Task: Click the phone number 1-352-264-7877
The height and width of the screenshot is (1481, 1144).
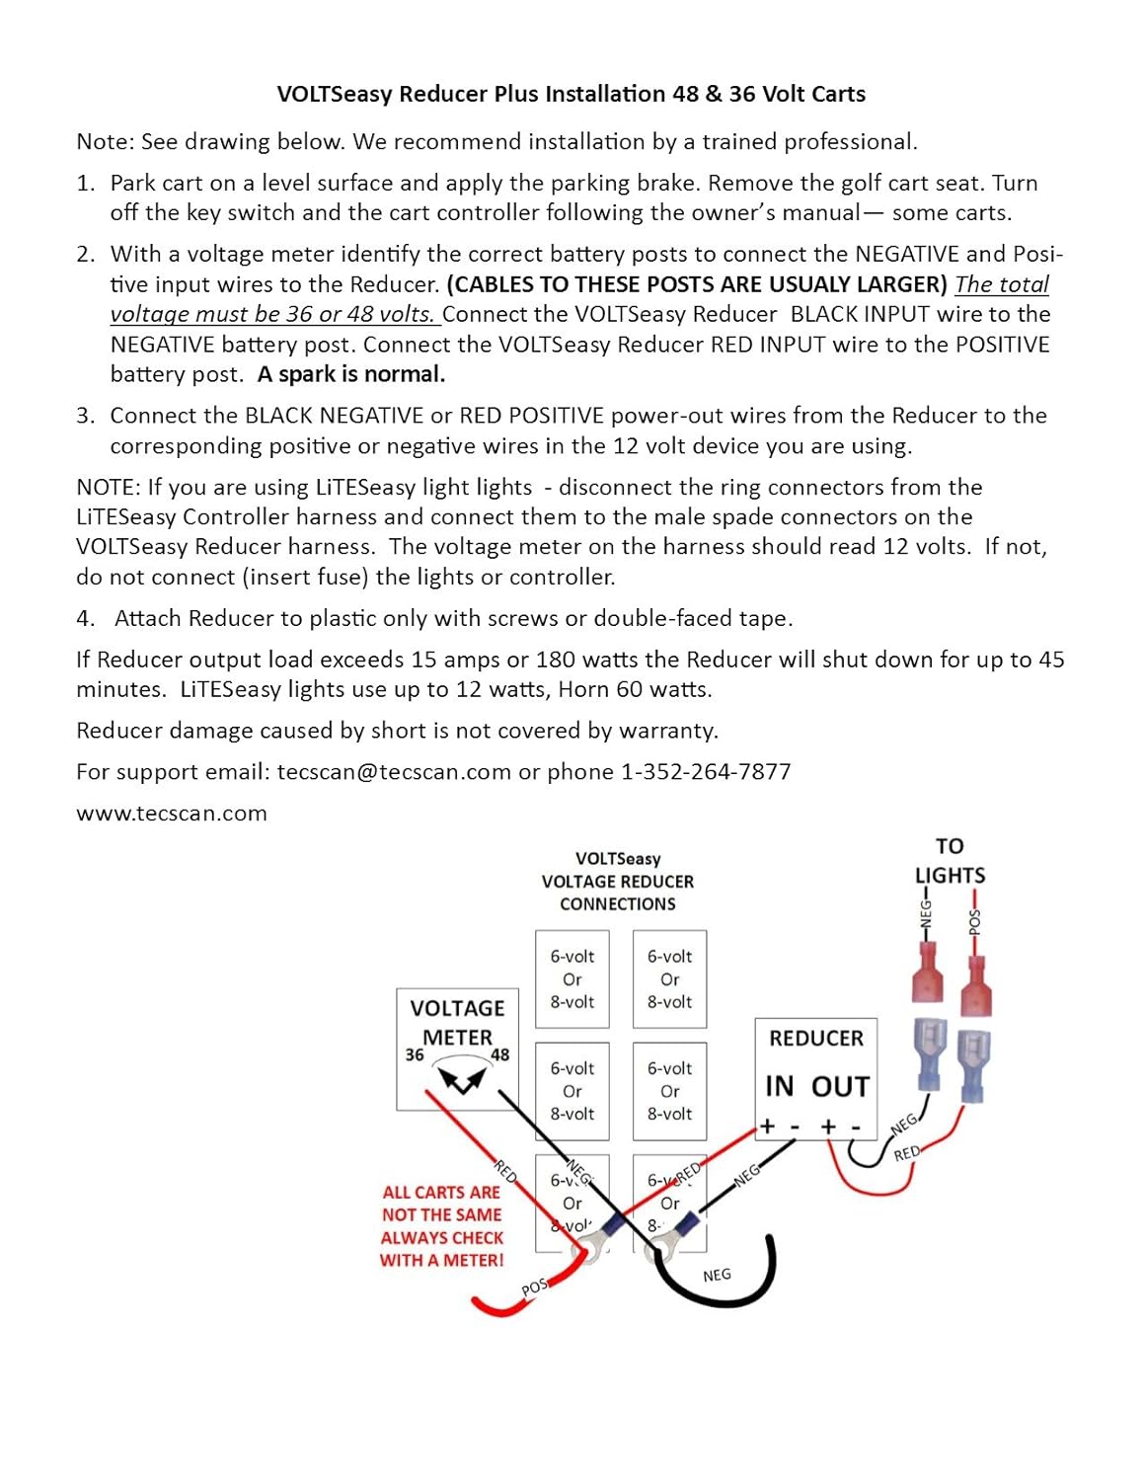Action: coord(706,771)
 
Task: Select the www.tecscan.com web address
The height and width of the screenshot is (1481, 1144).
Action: coord(172,814)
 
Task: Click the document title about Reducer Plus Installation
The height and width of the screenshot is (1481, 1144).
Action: coord(571,94)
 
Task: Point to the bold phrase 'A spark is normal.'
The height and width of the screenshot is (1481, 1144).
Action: coord(351,374)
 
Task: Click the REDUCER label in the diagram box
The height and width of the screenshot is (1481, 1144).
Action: coord(815,1039)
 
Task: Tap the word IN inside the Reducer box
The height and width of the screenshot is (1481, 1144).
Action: coord(779,1086)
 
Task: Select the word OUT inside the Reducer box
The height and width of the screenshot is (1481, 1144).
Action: coord(840,1086)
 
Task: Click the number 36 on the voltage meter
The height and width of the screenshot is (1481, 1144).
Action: coord(415,1054)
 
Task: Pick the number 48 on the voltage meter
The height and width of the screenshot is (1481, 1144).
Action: coord(500,1054)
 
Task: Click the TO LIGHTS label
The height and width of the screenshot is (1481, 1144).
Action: coord(950,861)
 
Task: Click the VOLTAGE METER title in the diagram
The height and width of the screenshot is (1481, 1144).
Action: coord(457,1022)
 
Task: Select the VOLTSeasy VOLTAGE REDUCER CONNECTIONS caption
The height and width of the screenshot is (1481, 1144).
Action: coord(618,881)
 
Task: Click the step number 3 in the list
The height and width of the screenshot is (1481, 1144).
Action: coord(85,416)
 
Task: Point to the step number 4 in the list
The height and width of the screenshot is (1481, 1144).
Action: coord(85,619)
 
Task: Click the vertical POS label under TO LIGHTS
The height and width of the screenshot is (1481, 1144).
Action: coord(975,921)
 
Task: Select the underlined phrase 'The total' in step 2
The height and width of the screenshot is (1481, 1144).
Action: coord(1001,284)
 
